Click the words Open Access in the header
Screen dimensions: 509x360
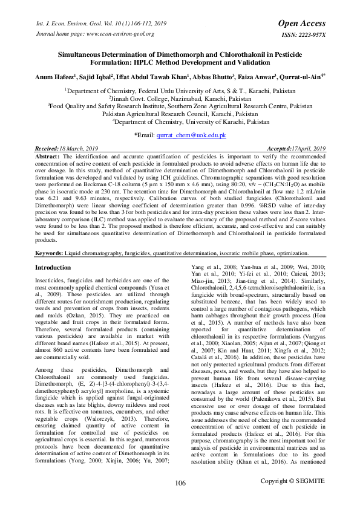301,23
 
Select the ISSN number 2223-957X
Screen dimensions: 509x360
308,34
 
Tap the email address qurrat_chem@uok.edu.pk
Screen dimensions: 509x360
191,135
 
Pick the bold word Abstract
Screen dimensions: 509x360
49,156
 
